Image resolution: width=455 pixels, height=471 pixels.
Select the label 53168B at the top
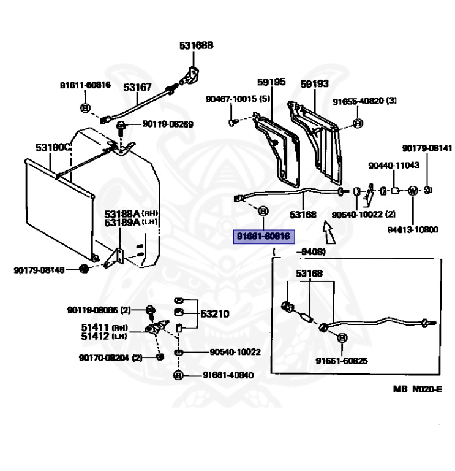(x=196, y=45)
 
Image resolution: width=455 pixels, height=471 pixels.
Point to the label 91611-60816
(x=85, y=85)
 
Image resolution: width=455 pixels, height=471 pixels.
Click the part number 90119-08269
(x=167, y=124)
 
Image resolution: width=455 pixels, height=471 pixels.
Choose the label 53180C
(x=53, y=148)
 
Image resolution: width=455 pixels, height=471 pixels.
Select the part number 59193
(x=315, y=82)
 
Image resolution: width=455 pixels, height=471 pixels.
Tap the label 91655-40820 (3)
(x=365, y=101)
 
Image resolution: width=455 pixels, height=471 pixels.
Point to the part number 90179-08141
(x=427, y=148)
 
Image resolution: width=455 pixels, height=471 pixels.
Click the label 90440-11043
(x=394, y=166)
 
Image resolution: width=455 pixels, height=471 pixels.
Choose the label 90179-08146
(x=39, y=269)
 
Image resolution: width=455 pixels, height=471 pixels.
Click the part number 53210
(x=214, y=313)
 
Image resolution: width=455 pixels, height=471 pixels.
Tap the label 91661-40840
(x=228, y=375)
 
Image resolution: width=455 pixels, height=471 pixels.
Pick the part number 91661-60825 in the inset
(x=342, y=361)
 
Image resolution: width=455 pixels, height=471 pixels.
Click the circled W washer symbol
(x=412, y=191)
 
